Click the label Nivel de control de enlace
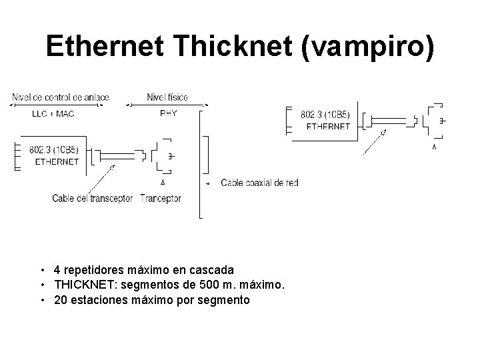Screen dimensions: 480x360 60,97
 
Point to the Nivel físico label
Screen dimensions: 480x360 167,97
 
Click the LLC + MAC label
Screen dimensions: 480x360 53,113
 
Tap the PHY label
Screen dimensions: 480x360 169,113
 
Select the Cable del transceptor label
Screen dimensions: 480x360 93,198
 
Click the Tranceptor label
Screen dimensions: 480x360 161,198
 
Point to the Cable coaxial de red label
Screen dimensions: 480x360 259,182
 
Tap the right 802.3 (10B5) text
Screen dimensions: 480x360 326,115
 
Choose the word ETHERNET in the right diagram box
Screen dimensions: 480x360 327,126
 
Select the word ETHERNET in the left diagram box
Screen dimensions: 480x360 57,161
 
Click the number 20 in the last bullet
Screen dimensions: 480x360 61,300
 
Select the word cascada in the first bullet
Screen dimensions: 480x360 213,271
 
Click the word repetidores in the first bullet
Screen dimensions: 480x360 93,271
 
